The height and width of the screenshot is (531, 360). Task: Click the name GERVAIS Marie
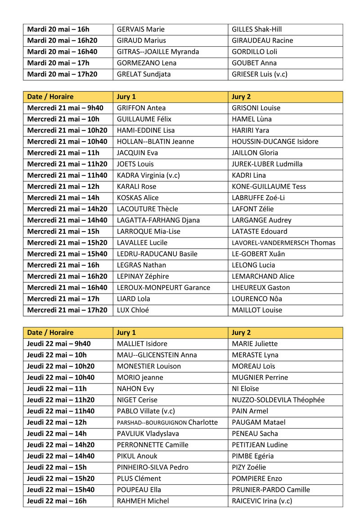coord(140,30)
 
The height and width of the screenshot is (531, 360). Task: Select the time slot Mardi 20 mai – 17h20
coord(62,75)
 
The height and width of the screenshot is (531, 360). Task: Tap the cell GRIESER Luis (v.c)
coord(259,75)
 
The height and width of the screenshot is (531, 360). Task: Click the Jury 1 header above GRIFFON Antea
coord(126,97)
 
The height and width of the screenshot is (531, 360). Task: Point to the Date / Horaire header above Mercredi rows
coord(50,97)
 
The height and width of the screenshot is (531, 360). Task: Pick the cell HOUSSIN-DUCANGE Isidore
coord(274,142)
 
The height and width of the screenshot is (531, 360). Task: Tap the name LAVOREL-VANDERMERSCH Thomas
coord(283,243)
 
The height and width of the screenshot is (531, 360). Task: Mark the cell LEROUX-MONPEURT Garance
coord(163,288)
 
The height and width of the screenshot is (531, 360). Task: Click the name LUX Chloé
coord(133,310)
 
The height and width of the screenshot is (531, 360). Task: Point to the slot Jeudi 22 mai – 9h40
coord(58,344)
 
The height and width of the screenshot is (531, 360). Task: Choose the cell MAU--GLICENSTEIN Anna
coord(157,355)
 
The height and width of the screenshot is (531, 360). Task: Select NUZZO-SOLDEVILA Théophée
coord(278,400)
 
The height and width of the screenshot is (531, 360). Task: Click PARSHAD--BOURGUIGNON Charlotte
coord(167,423)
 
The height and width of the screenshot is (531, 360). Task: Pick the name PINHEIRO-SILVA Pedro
coord(152,468)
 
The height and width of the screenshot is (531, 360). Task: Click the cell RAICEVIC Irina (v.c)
coord(261,501)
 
